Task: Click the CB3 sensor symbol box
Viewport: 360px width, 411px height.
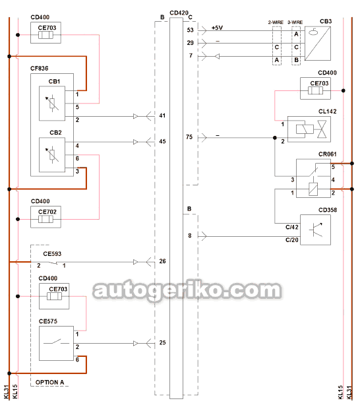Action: [x=318, y=44]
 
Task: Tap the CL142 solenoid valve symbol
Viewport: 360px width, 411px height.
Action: [x=309, y=129]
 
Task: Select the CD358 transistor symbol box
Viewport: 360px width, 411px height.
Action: [x=315, y=230]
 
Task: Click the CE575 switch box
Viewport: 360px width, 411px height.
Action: [x=56, y=343]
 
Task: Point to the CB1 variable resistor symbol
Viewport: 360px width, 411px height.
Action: [x=52, y=104]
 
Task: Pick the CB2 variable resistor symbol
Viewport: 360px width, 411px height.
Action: [x=52, y=154]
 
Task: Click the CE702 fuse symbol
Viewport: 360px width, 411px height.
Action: [x=45, y=219]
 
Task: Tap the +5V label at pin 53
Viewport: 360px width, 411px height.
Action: [x=217, y=28]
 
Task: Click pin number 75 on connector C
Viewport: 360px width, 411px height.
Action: [x=189, y=137]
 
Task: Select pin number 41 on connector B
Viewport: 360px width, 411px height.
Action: [x=162, y=115]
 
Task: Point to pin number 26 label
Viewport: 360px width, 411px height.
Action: [x=162, y=261]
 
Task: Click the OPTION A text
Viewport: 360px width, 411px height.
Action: [x=50, y=383]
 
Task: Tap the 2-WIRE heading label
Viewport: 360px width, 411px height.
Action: [x=276, y=22]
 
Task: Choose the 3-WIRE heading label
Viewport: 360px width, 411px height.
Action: [x=295, y=22]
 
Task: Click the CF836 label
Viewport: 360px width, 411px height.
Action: [x=40, y=69]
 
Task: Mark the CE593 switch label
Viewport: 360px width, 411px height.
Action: [x=52, y=254]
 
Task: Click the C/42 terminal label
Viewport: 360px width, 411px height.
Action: [x=292, y=227]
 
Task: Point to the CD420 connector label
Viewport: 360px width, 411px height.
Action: [x=179, y=13]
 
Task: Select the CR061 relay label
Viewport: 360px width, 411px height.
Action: [x=328, y=154]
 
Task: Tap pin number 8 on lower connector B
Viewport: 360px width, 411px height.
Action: [x=190, y=236]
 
